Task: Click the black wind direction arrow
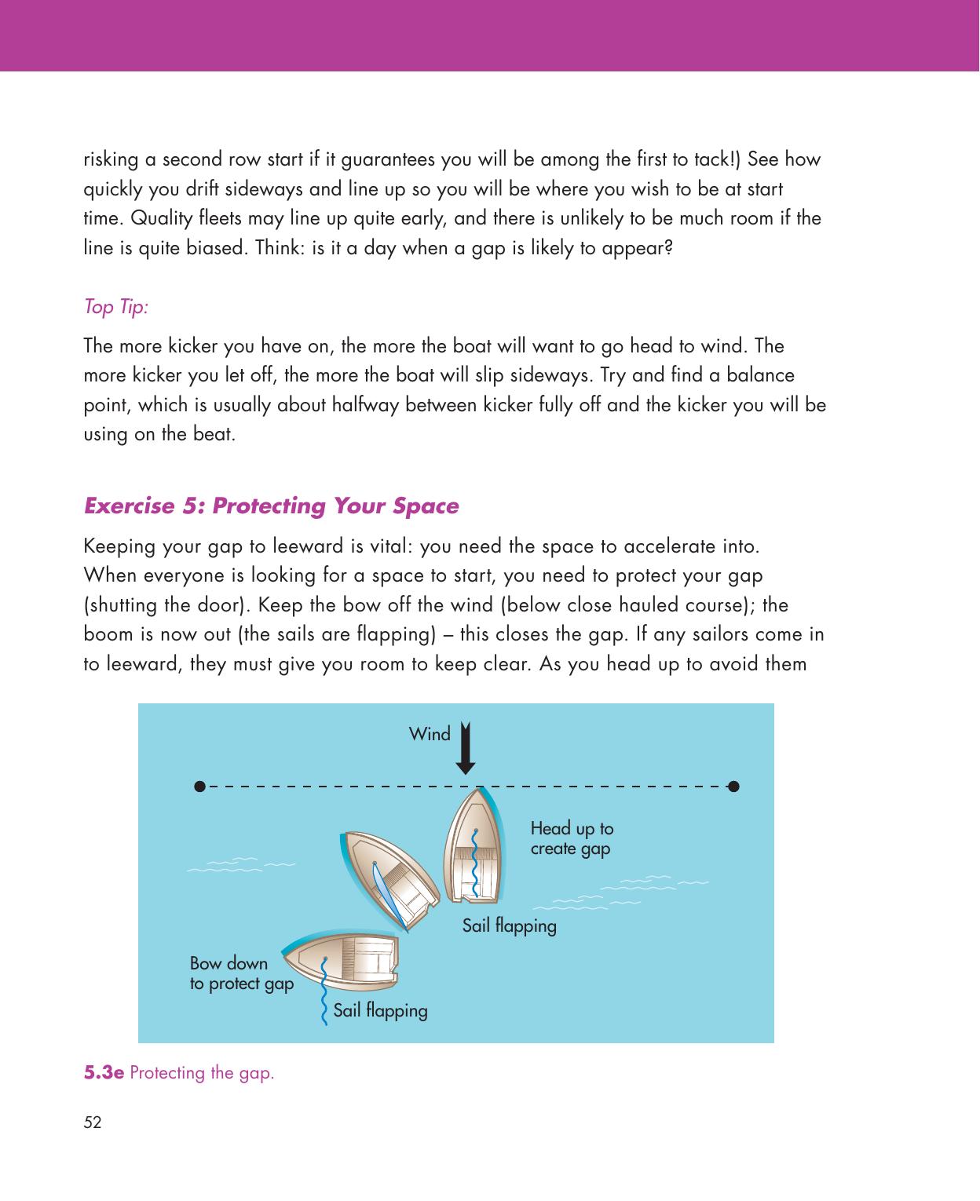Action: pos(466,748)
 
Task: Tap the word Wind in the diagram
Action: pos(430,733)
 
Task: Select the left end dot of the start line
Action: pos(199,787)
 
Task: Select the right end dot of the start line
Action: pos(734,787)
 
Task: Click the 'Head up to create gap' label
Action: pos(572,838)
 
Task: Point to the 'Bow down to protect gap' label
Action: pos(242,973)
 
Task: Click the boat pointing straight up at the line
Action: pos(474,845)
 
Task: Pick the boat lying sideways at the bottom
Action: pos(341,961)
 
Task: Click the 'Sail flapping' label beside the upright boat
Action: pos(510,925)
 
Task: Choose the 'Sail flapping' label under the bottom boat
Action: pos(381,1010)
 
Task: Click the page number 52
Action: pos(93,1123)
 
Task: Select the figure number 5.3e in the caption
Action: pos(104,1073)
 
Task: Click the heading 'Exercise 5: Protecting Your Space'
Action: pos(271,506)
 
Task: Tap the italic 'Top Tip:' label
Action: pos(115,306)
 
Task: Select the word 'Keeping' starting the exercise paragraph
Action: pos(119,546)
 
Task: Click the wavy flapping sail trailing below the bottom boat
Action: pos(324,991)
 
